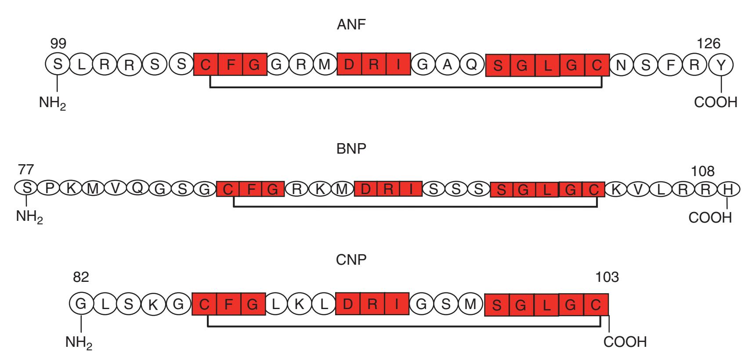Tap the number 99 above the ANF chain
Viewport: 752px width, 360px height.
[58, 43]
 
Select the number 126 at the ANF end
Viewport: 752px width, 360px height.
[709, 43]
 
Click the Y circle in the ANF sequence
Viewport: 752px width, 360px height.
[721, 65]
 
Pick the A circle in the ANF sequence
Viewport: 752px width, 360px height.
[447, 65]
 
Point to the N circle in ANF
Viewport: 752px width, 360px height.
[621, 65]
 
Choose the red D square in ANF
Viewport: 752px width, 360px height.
[349, 65]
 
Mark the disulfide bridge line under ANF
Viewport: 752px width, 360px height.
[406, 87]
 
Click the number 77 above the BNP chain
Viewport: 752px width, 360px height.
[26, 169]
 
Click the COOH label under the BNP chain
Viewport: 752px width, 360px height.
[710, 217]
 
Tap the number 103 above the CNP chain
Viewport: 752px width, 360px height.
[607, 277]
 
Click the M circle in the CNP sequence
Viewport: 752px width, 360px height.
[470, 304]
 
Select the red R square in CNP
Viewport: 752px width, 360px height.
[372, 304]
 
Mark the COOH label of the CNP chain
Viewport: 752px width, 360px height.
[625, 342]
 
